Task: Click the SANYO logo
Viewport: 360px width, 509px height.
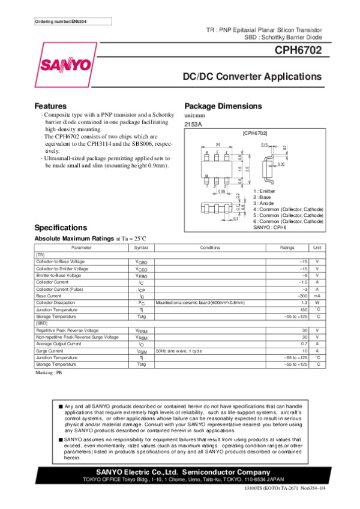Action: click(67, 64)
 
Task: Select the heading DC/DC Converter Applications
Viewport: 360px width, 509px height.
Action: click(252, 77)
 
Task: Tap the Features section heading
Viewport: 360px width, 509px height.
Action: click(50, 106)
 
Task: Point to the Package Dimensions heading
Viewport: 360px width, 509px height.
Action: click(223, 106)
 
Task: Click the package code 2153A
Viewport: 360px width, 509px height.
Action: click(193, 124)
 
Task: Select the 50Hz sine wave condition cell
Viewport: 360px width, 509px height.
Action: click(179, 351)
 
